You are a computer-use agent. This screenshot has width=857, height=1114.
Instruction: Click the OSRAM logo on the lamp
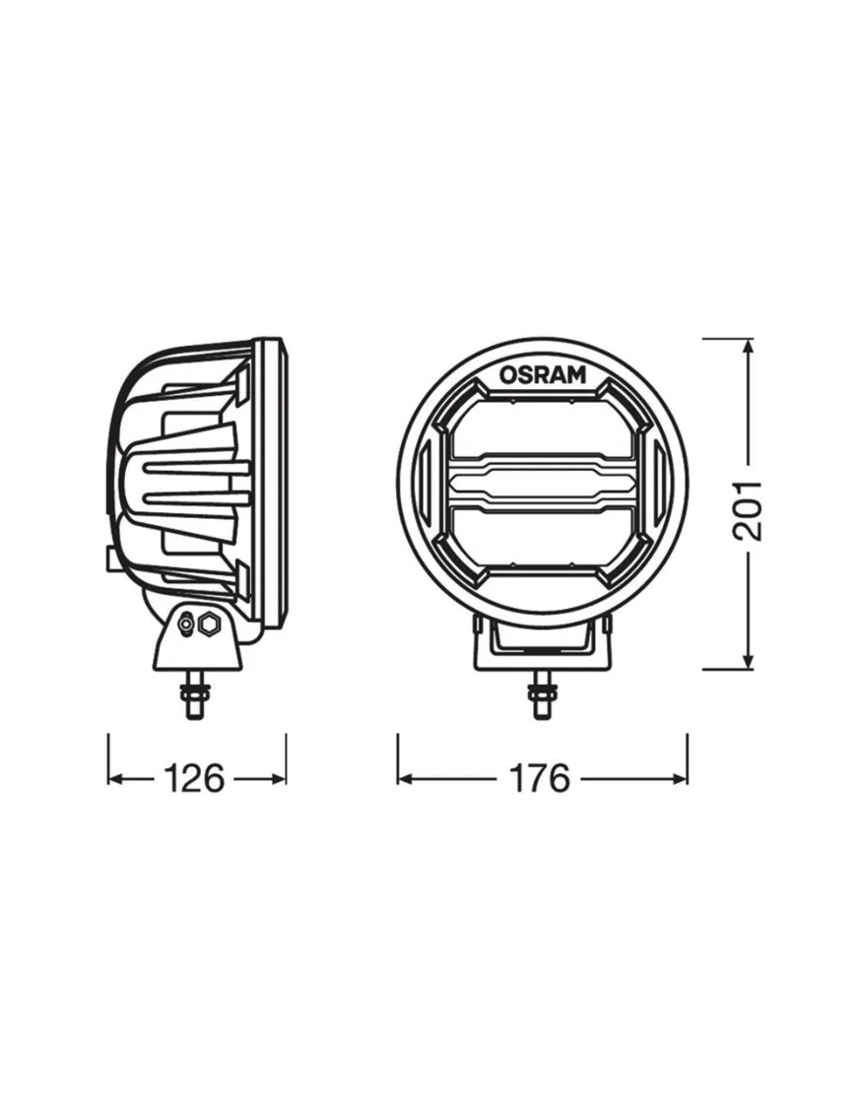click(542, 374)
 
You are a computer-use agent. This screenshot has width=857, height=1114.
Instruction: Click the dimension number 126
click(194, 778)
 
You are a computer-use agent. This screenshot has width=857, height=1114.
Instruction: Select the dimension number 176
click(539, 778)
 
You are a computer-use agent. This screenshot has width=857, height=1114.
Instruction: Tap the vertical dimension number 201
click(750, 509)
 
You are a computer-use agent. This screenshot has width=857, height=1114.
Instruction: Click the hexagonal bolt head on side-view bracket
click(209, 623)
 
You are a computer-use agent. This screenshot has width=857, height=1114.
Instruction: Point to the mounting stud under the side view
click(194, 694)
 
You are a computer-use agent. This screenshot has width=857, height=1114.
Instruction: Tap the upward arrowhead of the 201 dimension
click(749, 348)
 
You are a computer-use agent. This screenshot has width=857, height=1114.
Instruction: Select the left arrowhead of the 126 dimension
click(115, 778)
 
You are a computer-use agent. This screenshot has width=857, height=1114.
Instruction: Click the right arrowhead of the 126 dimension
click(279, 778)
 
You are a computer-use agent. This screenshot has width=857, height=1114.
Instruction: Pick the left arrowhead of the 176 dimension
click(405, 778)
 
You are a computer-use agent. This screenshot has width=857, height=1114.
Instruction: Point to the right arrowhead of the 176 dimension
click(680, 778)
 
